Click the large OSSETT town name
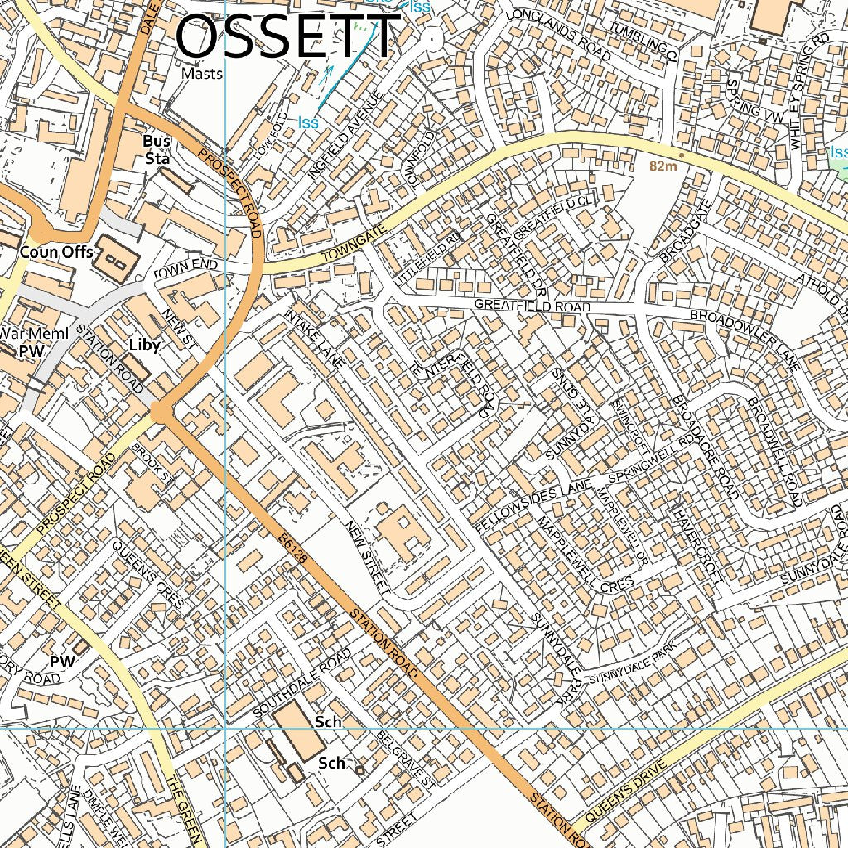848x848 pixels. (x=288, y=38)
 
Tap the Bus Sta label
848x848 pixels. (x=157, y=150)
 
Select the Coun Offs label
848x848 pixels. (x=56, y=252)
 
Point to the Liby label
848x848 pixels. (x=143, y=344)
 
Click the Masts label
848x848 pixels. (x=202, y=74)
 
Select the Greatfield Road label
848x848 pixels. (x=532, y=306)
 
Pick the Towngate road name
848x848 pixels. (x=354, y=245)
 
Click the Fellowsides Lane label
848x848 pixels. (x=534, y=504)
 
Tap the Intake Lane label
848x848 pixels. (x=314, y=339)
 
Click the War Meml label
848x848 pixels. (x=25, y=333)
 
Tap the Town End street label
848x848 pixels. (x=184, y=269)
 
